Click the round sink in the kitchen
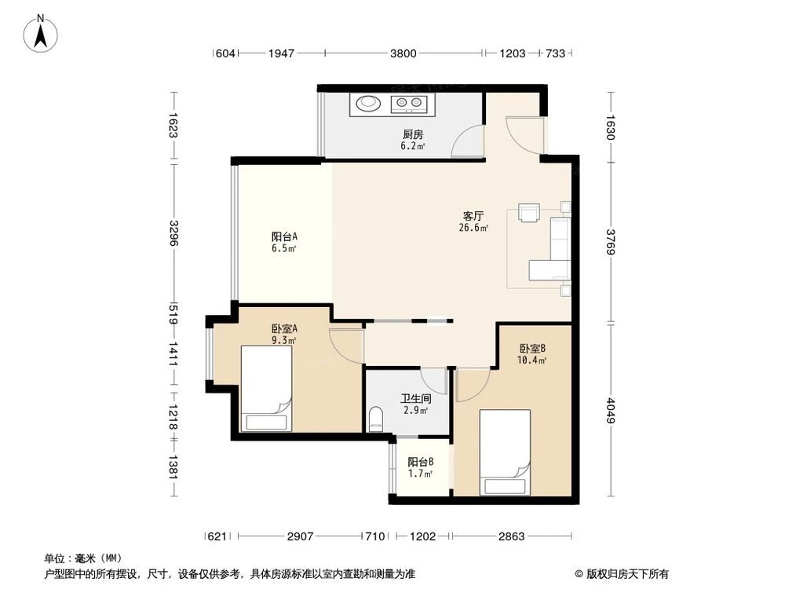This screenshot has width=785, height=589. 367,101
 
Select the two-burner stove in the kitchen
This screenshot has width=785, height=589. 411,101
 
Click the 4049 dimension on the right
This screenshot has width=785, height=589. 609,408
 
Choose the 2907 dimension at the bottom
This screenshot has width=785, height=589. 300,536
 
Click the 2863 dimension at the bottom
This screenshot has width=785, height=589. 511,536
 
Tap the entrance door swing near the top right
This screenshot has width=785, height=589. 523,134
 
